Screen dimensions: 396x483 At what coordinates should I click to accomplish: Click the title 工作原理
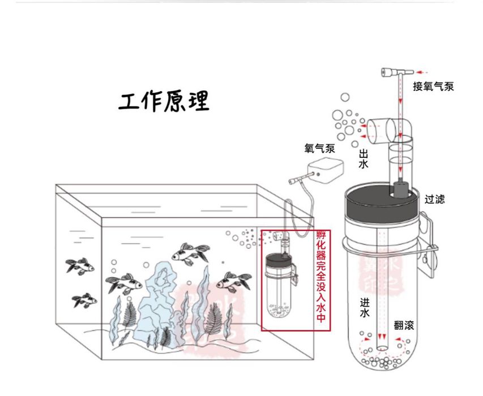(x=164, y=101)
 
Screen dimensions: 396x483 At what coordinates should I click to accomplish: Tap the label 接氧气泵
(x=433, y=87)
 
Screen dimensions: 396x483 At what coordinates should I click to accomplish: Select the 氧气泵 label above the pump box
(x=320, y=149)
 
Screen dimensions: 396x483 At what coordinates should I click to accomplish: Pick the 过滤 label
(x=435, y=199)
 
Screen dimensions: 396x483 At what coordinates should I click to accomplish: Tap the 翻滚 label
(x=404, y=326)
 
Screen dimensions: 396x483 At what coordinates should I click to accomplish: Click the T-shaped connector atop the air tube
(x=393, y=72)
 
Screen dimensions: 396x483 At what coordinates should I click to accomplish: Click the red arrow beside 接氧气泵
(x=422, y=72)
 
